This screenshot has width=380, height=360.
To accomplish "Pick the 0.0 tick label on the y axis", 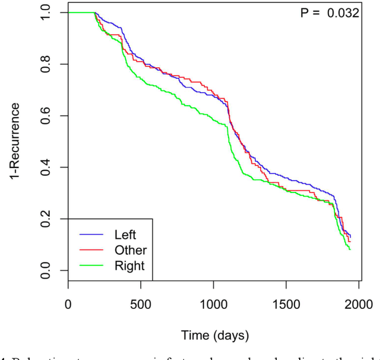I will [46, 271].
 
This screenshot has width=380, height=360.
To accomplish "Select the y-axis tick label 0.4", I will [46, 168].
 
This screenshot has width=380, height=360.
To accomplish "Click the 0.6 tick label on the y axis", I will [46, 116].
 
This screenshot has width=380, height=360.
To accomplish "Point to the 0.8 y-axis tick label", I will [46, 64].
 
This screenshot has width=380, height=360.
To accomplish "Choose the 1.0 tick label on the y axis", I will [46, 12].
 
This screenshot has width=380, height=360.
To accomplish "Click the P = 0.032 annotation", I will [329, 12].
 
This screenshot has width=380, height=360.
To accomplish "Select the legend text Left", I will [125, 235].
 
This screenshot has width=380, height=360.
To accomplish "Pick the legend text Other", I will [129, 250].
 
